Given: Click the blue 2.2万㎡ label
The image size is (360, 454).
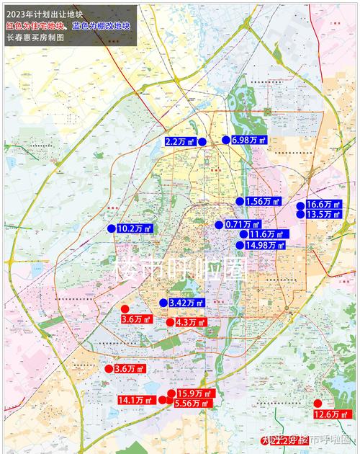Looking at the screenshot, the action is coord(180,142).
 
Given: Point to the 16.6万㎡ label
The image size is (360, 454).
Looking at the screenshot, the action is coord(323,205).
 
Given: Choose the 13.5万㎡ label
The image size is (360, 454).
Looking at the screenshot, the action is coord(323,215).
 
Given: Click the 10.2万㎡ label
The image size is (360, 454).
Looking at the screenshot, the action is coord(135,228).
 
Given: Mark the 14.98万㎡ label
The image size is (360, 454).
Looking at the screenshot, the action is coord(265,245).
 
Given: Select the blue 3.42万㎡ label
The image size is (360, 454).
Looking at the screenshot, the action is coord(186,303).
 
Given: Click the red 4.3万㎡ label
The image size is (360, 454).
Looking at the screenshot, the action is coord(191,322).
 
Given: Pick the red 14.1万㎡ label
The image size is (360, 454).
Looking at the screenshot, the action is coord(135,400).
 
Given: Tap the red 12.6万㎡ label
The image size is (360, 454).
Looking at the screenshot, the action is coord(332,414).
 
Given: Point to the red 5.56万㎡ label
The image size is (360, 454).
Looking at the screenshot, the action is coord(192,404).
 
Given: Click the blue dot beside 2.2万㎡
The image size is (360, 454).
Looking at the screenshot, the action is coord(202,142).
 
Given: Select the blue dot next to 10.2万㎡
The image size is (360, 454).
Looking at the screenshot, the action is coord(111,228).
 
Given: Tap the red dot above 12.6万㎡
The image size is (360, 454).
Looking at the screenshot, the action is coord(318,403).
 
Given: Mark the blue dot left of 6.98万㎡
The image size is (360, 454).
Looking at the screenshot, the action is coord(225,140).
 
